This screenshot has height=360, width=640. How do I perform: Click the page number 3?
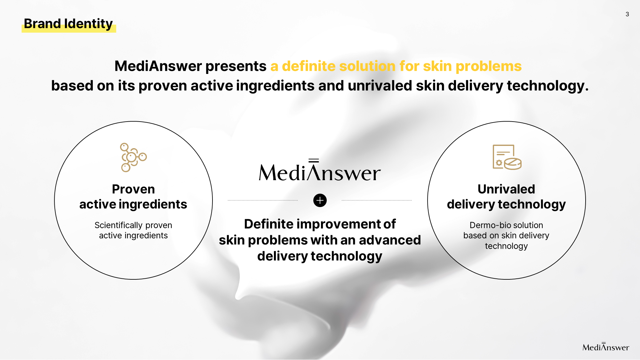coord(627,14)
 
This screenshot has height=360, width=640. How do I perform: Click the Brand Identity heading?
coord(68,24)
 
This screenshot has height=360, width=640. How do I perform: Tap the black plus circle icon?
coord(320,200)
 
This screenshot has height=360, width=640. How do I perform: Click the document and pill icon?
coord(507,157)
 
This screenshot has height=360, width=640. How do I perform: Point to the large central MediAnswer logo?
coord(320,170)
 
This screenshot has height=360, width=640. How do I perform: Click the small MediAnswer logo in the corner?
coord(606,347)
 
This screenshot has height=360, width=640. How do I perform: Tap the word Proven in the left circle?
coord(133,189)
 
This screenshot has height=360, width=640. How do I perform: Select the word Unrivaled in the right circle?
coord(506,189)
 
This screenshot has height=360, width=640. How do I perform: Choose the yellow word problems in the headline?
coord(489,67)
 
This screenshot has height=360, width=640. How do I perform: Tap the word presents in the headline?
coord(236,67)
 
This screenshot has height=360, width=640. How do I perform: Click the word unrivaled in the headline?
coord(380,86)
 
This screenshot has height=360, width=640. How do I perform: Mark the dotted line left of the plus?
coord(263,200)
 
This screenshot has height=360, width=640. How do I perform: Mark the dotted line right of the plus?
coord(377,200)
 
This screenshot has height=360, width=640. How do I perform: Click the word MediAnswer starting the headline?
coord(158,66)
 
